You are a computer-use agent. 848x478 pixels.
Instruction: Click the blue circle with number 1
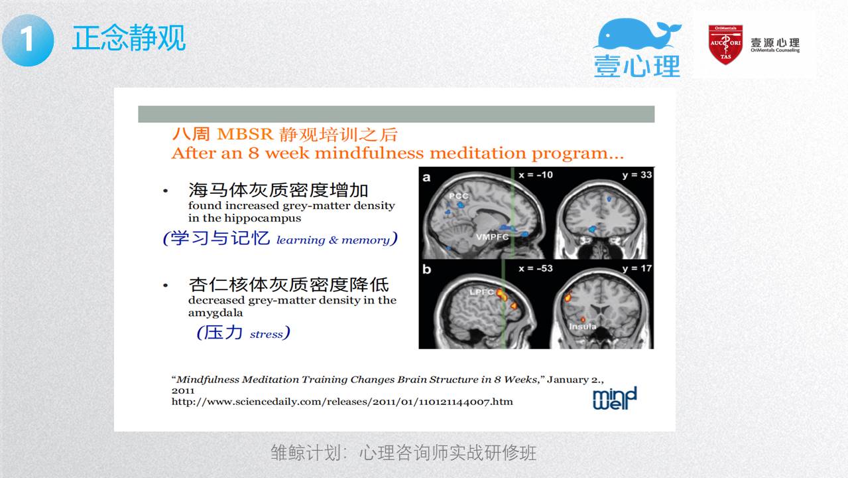click(28, 40)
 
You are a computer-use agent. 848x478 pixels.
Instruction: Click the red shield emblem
click(725, 44)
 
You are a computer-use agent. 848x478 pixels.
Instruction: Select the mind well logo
click(615, 398)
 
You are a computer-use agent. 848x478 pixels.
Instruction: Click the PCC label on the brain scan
click(459, 196)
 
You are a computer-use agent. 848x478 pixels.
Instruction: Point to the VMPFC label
click(492, 237)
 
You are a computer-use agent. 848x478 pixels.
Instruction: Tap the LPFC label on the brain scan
click(481, 292)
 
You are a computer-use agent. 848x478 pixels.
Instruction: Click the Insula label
click(582, 327)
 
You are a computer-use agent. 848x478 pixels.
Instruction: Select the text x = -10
click(535, 175)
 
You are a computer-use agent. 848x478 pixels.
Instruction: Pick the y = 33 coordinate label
click(637, 175)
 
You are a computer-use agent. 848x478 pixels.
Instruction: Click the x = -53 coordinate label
click(535, 268)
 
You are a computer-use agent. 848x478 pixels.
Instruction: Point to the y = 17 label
click(637, 268)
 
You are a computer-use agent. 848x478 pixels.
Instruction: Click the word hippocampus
click(263, 218)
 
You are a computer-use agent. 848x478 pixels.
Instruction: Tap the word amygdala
click(215, 313)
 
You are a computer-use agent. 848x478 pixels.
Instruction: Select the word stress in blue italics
click(266, 335)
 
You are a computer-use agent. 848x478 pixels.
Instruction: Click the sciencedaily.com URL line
click(342, 402)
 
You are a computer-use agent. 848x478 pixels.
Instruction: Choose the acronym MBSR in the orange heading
click(245, 134)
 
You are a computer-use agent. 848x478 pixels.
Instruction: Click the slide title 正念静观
click(129, 38)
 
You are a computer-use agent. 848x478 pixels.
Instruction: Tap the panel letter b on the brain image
click(426, 269)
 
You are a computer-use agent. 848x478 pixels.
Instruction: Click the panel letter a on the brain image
click(426, 177)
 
